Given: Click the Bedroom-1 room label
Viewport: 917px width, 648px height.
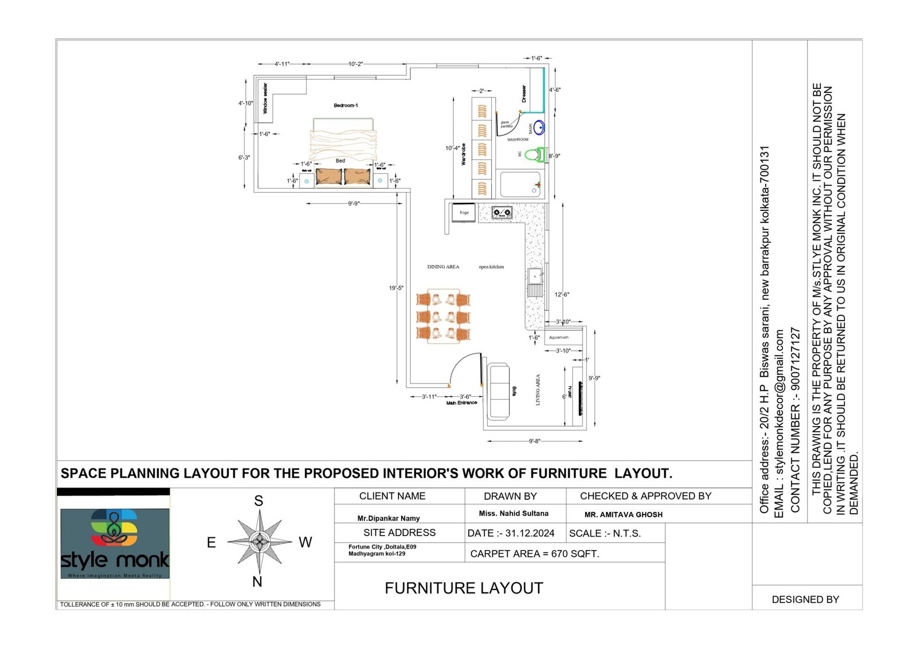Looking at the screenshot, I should coord(346,106).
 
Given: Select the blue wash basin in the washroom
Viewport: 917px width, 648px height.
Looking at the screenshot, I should coord(539,127).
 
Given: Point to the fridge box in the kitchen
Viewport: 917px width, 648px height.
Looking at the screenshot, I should coord(464,213).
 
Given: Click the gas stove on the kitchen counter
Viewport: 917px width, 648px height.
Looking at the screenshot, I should coord(502,213).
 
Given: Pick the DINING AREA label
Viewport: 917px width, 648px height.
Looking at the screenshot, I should coord(443,267).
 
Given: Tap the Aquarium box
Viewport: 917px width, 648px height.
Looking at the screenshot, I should coord(559,337).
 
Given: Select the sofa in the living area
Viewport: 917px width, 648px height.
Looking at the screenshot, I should coord(498,391).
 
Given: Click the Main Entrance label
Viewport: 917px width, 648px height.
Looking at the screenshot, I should coord(461,403).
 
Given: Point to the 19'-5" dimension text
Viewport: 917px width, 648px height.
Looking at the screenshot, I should coord(396,288).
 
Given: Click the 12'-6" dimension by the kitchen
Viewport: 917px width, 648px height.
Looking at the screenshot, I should coord(562,295).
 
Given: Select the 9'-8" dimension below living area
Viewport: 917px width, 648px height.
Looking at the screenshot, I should coord(534,441).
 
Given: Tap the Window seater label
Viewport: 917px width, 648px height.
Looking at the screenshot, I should coord(265,99).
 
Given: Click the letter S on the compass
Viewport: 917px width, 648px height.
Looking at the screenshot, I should coord(258,501).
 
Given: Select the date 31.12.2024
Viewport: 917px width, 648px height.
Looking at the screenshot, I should coord(511,533).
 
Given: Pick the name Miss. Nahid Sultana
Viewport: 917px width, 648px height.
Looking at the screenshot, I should coord(514,514).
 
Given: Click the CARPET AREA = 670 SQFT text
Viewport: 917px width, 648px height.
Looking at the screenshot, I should coord(534,554).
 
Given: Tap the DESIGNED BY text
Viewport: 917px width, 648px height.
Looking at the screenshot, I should coord(805,600).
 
